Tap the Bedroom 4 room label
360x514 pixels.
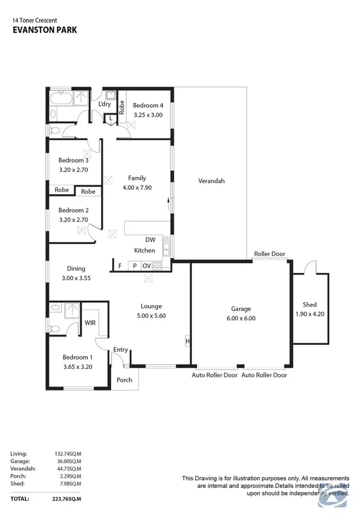tap(148, 106)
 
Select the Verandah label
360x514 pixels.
tap(211, 181)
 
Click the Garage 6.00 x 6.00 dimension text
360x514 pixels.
tap(240, 318)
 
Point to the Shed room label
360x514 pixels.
tap(310, 305)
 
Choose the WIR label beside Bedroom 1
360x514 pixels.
tap(90, 323)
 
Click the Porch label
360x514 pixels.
tap(125, 380)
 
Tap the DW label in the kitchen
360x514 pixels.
tap(150, 240)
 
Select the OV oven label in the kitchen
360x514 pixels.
tap(146, 266)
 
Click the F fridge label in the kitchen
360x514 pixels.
tap(120, 266)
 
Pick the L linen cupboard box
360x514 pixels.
tap(111, 118)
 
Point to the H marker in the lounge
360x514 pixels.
tap(187, 342)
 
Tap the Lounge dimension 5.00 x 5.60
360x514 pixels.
tap(151, 316)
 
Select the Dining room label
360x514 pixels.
tap(76, 269)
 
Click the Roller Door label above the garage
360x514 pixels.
tap(269, 254)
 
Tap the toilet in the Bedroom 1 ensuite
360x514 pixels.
tap(55, 329)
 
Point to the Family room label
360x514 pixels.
tap(137, 178)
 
